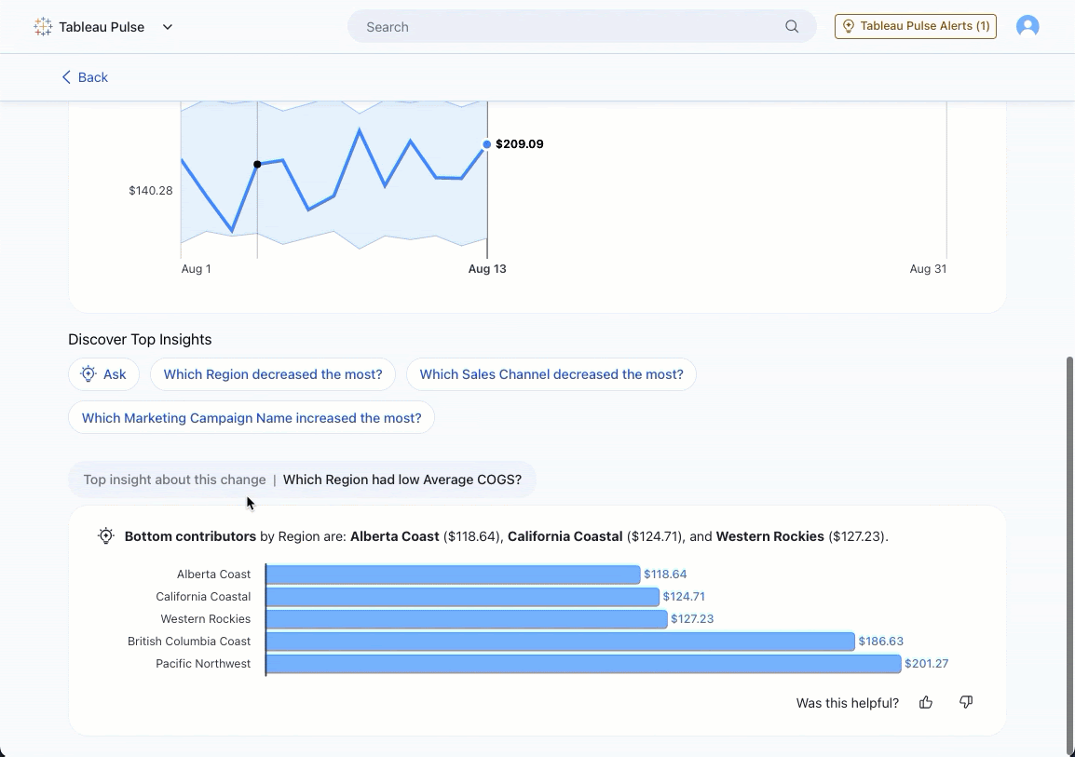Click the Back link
coord(85,77)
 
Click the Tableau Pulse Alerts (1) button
coord(915,26)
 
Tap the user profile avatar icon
coord(1027,26)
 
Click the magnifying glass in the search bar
coord(792,27)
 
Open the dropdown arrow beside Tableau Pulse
coord(168,27)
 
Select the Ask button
coord(103,374)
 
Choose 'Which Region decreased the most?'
coord(273,374)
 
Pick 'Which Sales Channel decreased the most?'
coord(551,374)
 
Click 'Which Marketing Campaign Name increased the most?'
coord(252,418)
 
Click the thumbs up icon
coord(926,702)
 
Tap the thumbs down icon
coord(966,702)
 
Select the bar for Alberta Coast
coord(453,575)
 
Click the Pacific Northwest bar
coord(583,664)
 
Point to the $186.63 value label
coord(881,642)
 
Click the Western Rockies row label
coord(205,619)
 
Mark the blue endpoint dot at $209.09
coord(486,144)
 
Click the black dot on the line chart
coord(257,165)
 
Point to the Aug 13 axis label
coord(487,269)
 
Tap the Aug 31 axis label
coord(928,269)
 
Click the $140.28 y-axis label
coord(151,191)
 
